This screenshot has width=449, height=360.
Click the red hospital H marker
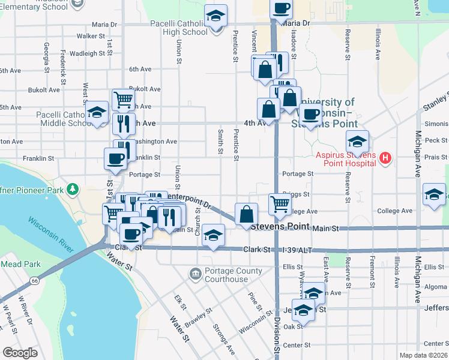(x=386, y=158)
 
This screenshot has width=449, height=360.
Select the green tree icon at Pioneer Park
(x=73, y=189)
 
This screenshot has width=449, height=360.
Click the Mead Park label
(x=20, y=263)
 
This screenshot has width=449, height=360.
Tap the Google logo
(x=20, y=353)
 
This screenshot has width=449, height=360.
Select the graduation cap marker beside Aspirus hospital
(x=357, y=142)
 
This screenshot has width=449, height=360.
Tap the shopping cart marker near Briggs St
(x=279, y=205)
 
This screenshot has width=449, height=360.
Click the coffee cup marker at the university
(x=310, y=114)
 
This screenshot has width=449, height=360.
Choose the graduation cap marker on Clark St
(x=213, y=235)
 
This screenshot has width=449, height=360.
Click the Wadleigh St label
(x=88, y=53)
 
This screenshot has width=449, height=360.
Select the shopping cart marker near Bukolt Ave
(x=123, y=99)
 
